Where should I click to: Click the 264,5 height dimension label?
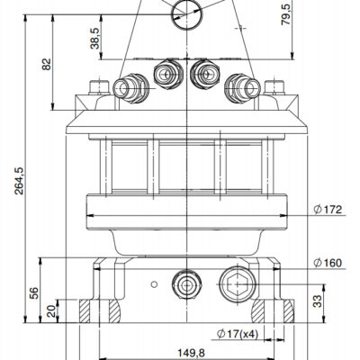[19, 181]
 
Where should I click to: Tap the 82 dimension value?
[47, 64]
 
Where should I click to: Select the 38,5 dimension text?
[94, 39]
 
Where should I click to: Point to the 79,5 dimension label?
[287, 14]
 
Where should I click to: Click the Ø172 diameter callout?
[328, 209]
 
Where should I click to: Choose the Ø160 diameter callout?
[328, 263]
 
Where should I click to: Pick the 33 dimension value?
[318, 301]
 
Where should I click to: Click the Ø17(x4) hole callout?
[238, 334]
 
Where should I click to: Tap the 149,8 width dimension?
[191, 353]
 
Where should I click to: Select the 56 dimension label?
[34, 293]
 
